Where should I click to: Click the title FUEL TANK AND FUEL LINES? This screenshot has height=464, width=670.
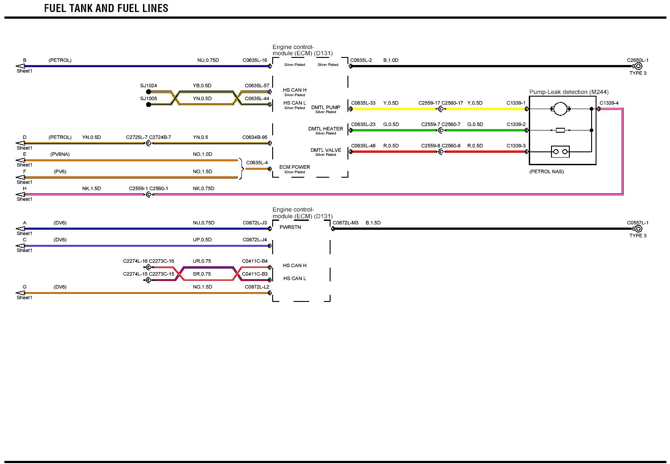click(x=106, y=8)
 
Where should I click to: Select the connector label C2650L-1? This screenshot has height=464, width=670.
click(x=637, y=60)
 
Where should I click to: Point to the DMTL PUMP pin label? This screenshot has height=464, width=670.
click(x=326, y=108)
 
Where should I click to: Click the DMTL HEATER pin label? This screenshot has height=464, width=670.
click(x=326, y=129)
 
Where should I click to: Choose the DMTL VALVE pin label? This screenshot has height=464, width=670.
click(x=326, y=151)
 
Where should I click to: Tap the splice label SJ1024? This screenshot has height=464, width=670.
click(x=148, y=85)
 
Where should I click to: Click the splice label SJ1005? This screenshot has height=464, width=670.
click(x=148, y=98)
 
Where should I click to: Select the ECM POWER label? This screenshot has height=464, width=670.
click(x=294, y=167)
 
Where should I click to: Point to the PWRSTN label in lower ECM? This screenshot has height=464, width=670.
click(x=290, y=227)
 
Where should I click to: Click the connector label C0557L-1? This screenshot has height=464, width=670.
click(x=637, y=223)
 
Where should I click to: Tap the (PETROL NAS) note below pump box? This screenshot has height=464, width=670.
click(x=546, y=171)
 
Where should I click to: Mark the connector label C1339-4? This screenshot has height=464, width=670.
click(x=609, y=103)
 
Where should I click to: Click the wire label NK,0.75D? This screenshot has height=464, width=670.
click(x=204, y=188)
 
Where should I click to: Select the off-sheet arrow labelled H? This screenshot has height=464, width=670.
click(x=20, y=195)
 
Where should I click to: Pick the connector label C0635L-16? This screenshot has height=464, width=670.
click(x=255, y=60)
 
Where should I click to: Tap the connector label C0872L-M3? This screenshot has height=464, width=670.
click(x=345, y=223)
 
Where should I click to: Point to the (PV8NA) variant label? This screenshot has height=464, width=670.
click(x=60, y=154)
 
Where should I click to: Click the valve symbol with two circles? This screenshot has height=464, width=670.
click(x=560, y=152)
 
